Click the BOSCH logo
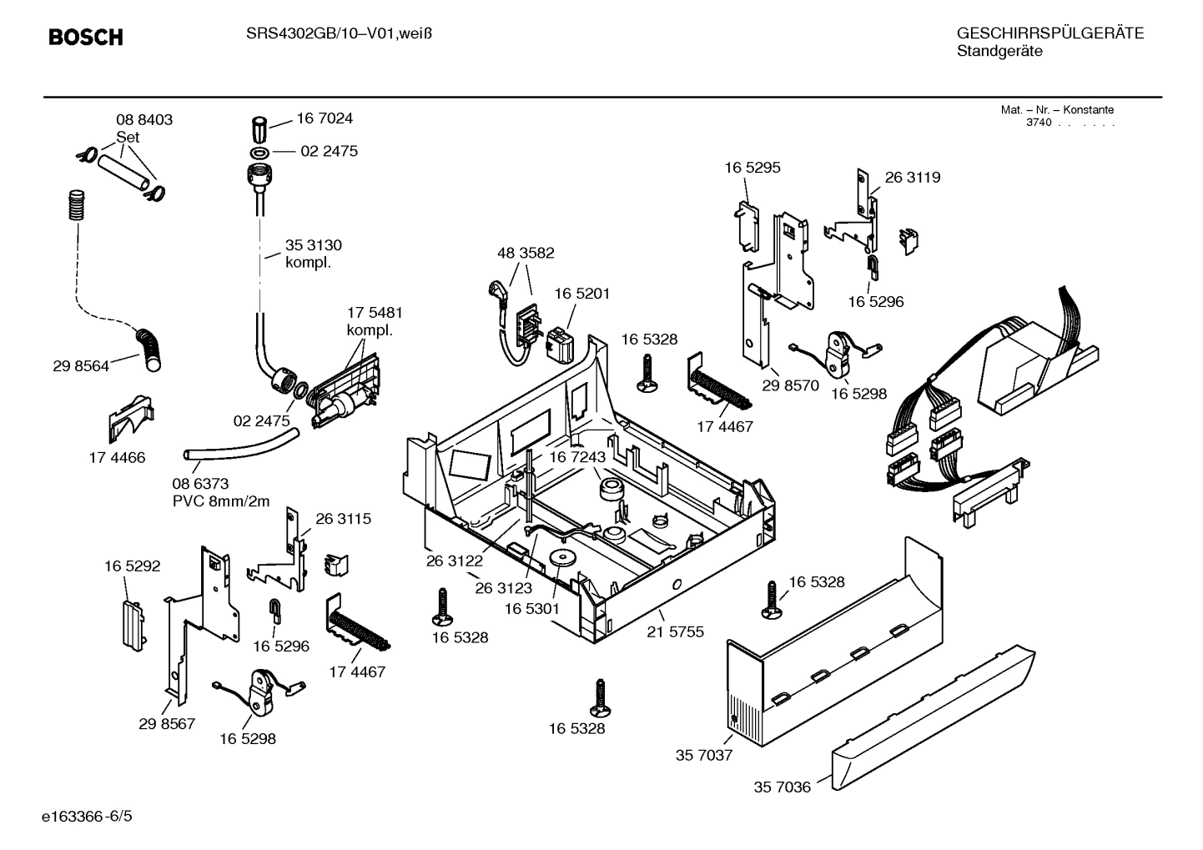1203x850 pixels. pyautogui.click(x=85, y=37)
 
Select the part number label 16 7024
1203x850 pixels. pyautogui.click(x=325, y=118)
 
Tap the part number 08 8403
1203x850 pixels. pyautogui.click(x=144, y=120)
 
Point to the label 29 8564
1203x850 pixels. pyautogui.click(x=81, y=365)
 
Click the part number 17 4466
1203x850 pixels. pyautogui.click(x=117, y=457)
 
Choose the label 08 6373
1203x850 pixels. pyautogui.click(x=200, y=484)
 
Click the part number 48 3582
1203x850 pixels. pyautogui.click(x=526, y=253)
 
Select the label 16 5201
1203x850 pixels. pyautogui.click(x=582, y=294)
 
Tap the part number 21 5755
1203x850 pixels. pyautogui.click(x=675, y=631)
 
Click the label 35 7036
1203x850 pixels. pyautogui.click(x=783, y=787)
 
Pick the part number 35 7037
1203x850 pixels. pyautogui.click(x=703, y=755)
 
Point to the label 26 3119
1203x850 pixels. pyautogui.click(x=912, y=178)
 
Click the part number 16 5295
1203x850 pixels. pyautogui.click(x=753, y=168)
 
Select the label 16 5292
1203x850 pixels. pyautogui.click(x=132, y=566)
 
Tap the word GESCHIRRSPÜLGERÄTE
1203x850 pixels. pyautogui.click(x=1049, y=33)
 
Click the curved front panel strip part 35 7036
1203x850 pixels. pyautogui.click(x=934, y=717)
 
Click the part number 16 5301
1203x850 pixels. pyautogui.click(x=531, y=609)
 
